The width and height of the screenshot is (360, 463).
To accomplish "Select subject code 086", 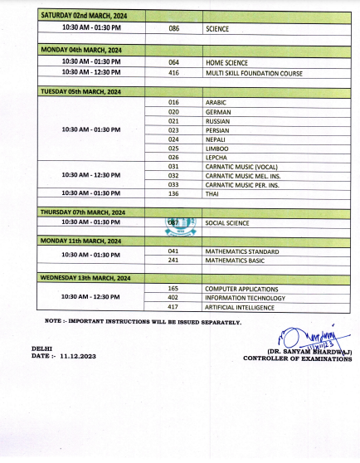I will (x=173, y=28).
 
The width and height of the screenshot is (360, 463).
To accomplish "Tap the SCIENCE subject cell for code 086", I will (x=217, y=28).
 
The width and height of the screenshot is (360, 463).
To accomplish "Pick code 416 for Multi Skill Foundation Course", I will (x=173, y=73).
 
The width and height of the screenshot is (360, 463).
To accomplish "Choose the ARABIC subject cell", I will (x=216, y=101).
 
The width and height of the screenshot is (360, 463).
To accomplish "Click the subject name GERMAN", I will (x=217, y=111).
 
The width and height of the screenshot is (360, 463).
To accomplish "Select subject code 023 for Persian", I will (x=173, y=129).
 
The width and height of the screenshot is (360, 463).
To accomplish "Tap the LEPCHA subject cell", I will (x=216, y=157).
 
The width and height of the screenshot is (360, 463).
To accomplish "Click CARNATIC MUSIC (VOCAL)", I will (x=241, y=166).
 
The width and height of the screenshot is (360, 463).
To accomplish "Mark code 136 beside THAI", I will (x=173, y=193).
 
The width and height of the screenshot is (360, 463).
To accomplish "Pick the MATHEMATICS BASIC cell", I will (x=239, y=260).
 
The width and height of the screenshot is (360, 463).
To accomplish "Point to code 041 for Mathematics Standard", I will (x=173, y=251).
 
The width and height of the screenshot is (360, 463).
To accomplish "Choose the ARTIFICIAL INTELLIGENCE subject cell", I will (x=245, y=307).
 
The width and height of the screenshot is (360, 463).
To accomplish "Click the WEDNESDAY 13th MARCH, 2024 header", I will (x=84, y=277).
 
